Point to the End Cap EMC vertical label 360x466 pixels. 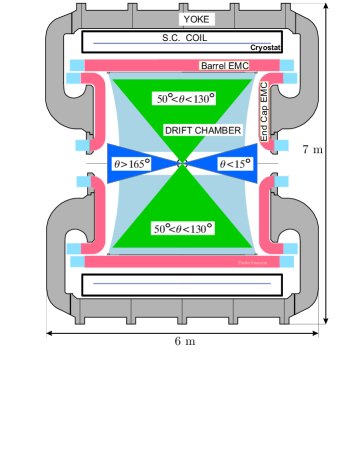coord(265,111)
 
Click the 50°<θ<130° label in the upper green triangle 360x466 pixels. coord(182,99)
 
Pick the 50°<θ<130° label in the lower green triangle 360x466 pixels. coord(182,229)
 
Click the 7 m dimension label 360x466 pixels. coord(313,150)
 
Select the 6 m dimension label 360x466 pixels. coord(182,341)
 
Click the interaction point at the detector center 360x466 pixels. coord(182,163)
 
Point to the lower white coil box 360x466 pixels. coord(182,285)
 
